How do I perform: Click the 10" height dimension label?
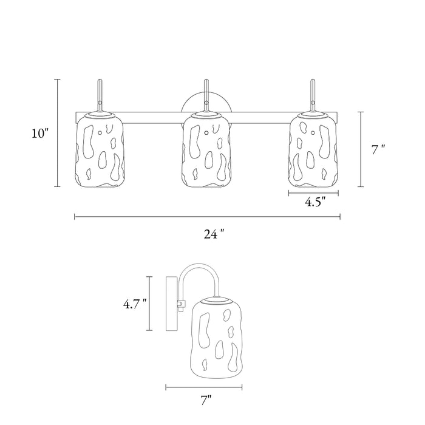pos(40,133)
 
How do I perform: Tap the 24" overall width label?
pos(214,234)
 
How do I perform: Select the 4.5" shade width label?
pos(316,202)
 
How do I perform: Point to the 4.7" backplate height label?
pos(135,304)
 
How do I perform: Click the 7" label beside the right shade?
pos(378,150)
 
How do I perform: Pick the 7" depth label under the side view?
pos(206,400)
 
